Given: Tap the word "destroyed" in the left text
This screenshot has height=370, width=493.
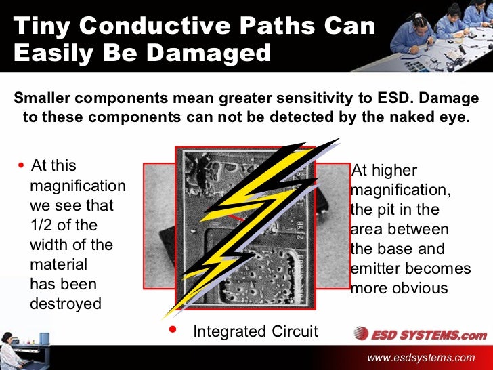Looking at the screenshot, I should point(65,304).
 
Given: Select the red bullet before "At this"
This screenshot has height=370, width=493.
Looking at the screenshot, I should point(22,166).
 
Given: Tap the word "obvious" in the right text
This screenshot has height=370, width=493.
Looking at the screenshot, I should point(419,288).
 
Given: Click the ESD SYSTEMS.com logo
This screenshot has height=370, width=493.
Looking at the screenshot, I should point(420,333).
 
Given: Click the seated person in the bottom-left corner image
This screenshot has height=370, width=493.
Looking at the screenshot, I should point(8,346).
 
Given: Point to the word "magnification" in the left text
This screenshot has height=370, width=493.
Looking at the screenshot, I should point(78,186).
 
